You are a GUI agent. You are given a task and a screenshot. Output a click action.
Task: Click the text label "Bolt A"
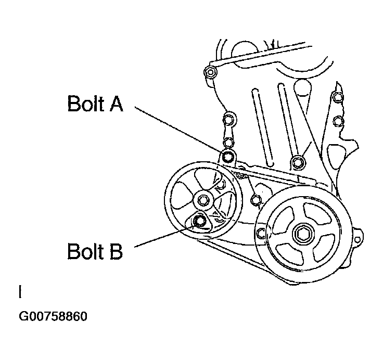pyautogui.click(x=95, y=104)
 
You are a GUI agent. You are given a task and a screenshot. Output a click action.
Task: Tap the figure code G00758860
pyautogui.click(x=53, y=316)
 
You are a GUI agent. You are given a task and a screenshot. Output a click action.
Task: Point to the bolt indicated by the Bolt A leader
pyautogui.click(x=227, y=156)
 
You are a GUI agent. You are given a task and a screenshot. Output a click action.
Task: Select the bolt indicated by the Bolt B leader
pyautogui.click(x=199, y=223)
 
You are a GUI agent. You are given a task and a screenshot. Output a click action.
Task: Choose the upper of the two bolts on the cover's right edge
pyautogui.click(x=338, y=96)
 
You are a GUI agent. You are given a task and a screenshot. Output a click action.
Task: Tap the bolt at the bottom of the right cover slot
pyautogui.click(x=297, y=162)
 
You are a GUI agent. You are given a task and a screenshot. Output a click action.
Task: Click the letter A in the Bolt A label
pyautogui.click(x=116, y=104)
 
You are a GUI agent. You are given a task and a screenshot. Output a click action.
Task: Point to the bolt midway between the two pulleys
pyautogui.click(x=255, y=199)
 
